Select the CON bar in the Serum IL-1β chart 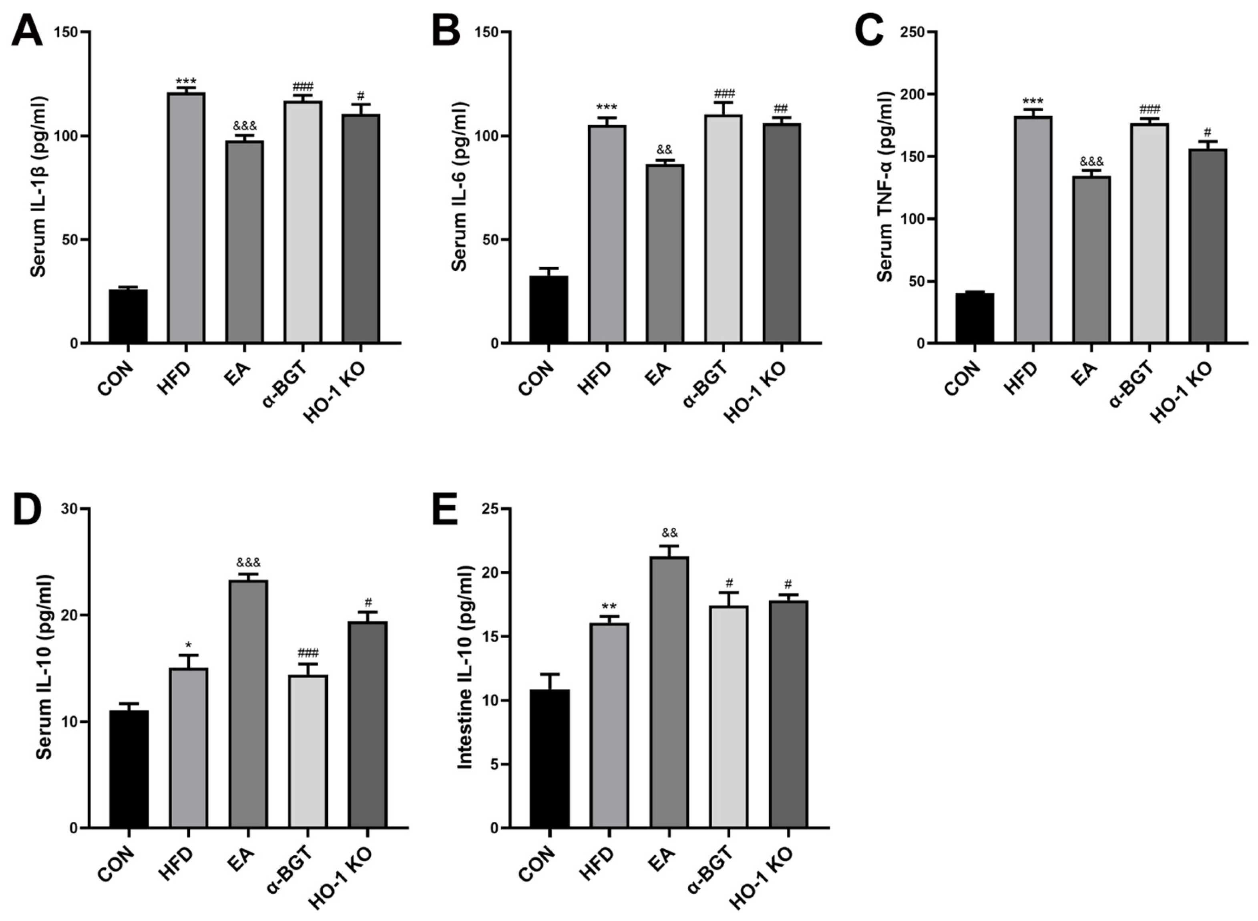pyautogui.click(x=128, y=316)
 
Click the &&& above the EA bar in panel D pyautogui.click(x=248, y=562)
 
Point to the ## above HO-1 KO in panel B pyautogui.click(x=781, y=108)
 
